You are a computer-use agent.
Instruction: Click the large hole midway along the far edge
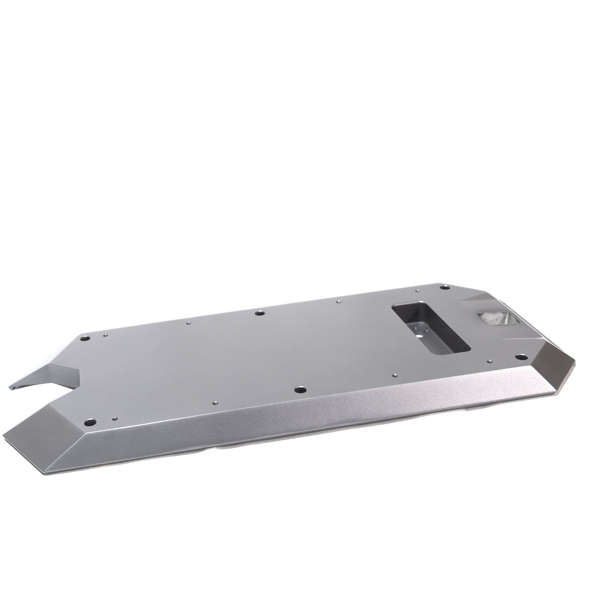click(x=260, y=313)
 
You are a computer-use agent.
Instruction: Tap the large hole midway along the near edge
click(x=300, y=390)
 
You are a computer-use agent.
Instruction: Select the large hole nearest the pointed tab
click(x=85, y=338)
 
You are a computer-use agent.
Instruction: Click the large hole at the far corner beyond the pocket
click(x=445, y=287)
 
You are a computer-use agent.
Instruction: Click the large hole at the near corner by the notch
click(x=90, y=422)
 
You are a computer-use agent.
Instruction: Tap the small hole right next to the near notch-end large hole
click(x=114, y=419)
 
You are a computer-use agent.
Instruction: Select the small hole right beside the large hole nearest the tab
click(x=105, y=334)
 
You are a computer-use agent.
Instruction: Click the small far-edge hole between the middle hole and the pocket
click(x=338, y=301)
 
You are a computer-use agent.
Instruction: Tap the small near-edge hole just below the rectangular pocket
click(x=394, y=375)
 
